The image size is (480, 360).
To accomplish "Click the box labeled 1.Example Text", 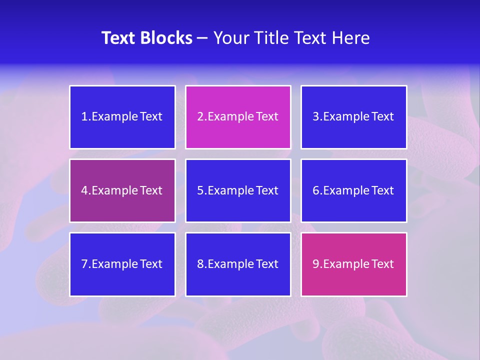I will coord(122,117).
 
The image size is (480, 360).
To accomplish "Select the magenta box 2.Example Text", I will coord(238,117).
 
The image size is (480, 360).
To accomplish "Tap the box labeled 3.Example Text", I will coord(353,117).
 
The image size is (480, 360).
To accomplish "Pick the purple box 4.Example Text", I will coord(122,190).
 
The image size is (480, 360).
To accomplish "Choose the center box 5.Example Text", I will coord(238,190).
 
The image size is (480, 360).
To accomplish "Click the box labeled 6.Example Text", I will coord(353,190).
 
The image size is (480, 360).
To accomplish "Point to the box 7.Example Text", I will coord(122,264).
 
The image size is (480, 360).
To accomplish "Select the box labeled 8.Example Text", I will coord(238,264).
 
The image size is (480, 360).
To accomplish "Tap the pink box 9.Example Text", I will coord(353,264).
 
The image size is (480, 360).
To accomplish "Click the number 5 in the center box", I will coord(200,190).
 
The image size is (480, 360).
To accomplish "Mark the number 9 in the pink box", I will coord(316,264).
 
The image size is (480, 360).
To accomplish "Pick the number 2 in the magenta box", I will coord(200,117).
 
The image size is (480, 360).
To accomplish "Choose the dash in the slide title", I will coord(202,38).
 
